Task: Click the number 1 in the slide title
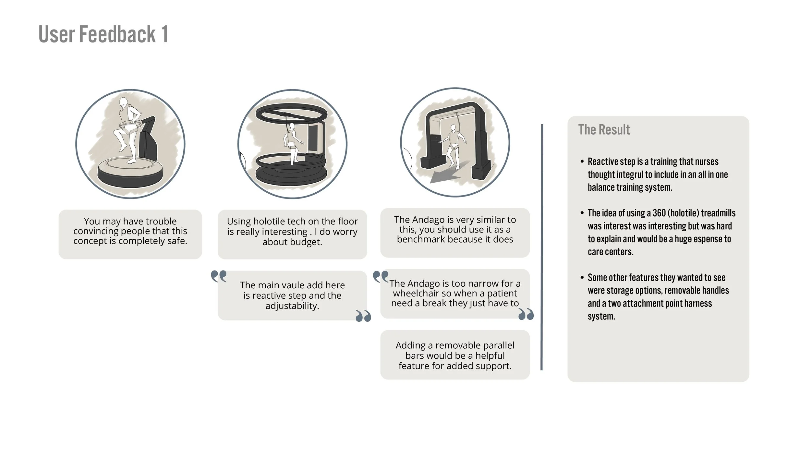tap(164, 34)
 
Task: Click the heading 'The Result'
tap(604, 130)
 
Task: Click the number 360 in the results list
tap(659, 213)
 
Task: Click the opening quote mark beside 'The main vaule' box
tap(219, 277)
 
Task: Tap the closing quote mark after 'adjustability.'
tap(363, 316)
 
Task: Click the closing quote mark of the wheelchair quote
tap(526, 314)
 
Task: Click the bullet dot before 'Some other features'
tap(582, 278)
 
